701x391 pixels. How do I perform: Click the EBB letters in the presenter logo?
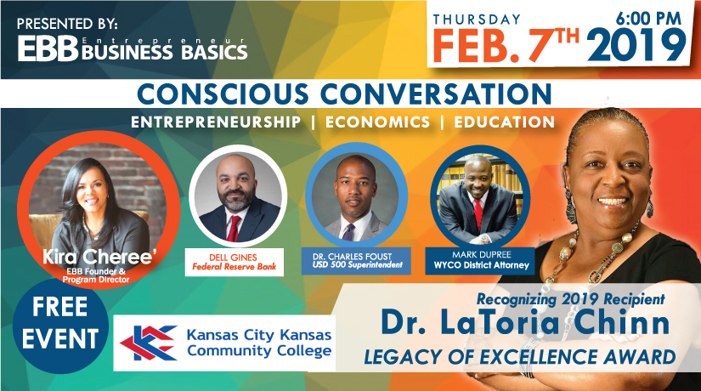pos(48,48)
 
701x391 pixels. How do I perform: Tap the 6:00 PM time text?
pos(648,19)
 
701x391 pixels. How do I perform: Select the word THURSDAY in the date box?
pos(477,20)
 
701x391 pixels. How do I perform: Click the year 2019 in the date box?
pos(636,45)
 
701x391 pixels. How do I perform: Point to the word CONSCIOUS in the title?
pos(223,94)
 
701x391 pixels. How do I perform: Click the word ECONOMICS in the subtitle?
pos(378,122)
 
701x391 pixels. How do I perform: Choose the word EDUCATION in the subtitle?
pos(504,122)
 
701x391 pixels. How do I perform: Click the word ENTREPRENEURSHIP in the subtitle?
pos(217,122)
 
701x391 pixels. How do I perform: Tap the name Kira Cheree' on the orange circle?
pos(99,257)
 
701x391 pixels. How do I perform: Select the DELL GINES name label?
pos(234,258)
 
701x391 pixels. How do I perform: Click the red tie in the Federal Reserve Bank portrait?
pos(234,228)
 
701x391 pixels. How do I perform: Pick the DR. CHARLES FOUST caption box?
pos(356,261)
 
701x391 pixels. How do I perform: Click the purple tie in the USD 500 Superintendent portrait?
pos(348,232)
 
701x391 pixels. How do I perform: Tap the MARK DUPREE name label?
pos(482,254)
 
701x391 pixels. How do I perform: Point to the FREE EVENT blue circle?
pos(60,326)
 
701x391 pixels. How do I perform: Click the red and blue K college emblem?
pos(148,343)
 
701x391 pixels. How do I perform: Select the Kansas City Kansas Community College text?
pos(259,343)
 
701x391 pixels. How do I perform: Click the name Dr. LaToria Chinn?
pos(525,323)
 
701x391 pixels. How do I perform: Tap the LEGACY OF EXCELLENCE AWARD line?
pos(519,357)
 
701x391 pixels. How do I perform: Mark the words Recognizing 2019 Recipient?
pos(571,299)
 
